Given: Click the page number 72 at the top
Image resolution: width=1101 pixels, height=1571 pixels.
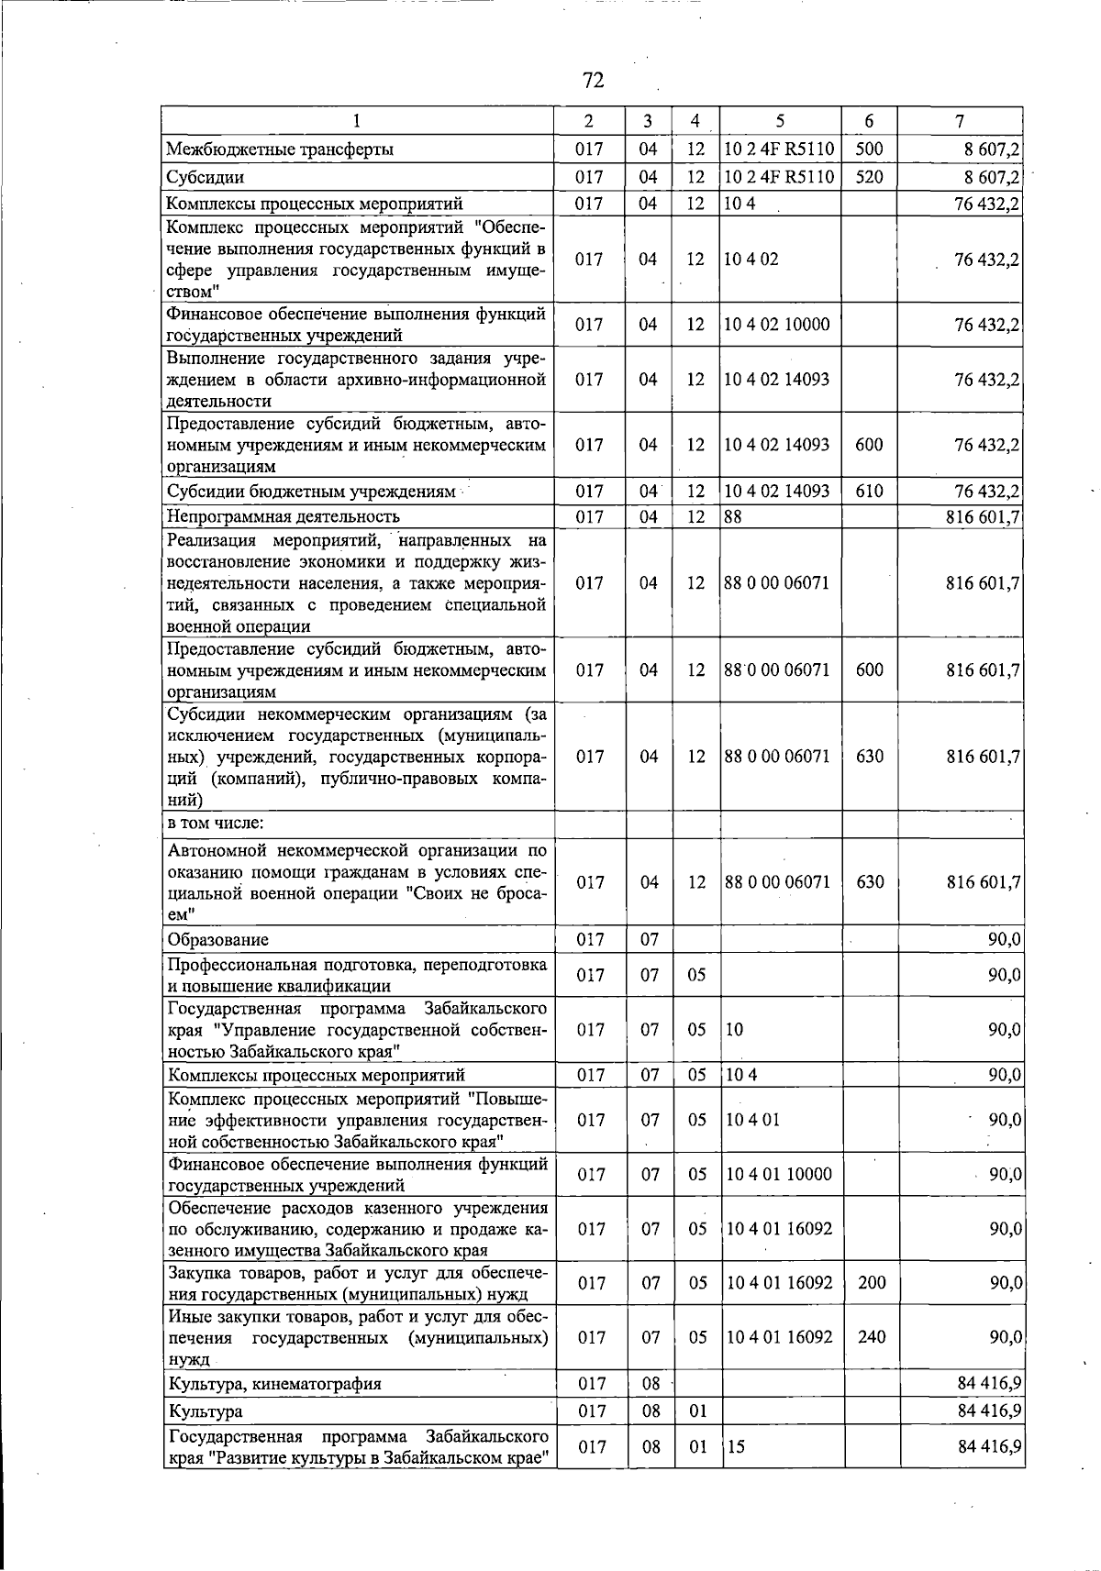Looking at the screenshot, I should point(593,81).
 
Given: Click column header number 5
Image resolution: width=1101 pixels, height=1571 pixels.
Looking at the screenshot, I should point(779,121).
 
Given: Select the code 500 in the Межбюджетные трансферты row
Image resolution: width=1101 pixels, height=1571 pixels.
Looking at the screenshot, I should point(868,149).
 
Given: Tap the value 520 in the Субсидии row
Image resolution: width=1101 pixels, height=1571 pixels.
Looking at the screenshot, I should point(868,176).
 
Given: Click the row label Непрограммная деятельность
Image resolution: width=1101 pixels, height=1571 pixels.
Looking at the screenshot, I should point(283,516).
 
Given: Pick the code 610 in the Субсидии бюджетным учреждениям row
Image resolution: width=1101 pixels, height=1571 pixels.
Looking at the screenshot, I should point(868,491).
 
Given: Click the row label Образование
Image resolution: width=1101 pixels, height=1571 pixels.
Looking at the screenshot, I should point(217,939).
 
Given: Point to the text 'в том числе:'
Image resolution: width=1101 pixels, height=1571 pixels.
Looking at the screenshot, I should point(216,823).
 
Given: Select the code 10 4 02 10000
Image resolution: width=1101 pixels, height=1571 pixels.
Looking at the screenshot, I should point(776,325).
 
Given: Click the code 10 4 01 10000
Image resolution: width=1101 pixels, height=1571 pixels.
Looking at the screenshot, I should point(779,1174).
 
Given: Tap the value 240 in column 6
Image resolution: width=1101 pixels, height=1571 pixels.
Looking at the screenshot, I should point(871,1337).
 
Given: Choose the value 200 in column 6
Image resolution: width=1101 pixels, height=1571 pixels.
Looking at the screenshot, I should point(871,1282).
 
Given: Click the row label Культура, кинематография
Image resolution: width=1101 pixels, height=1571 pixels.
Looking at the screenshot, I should point(274,1383).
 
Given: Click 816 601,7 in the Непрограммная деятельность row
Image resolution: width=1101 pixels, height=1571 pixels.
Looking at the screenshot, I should point(983,516).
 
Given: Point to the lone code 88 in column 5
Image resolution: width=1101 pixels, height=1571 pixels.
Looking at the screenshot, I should point(732,516).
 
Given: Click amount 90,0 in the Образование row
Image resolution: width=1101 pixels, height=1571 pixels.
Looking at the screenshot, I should point(1004,939).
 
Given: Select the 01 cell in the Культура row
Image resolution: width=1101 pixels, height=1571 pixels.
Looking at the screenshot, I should point(697,1411).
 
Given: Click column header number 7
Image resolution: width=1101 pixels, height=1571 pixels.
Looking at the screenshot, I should point(959,121).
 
